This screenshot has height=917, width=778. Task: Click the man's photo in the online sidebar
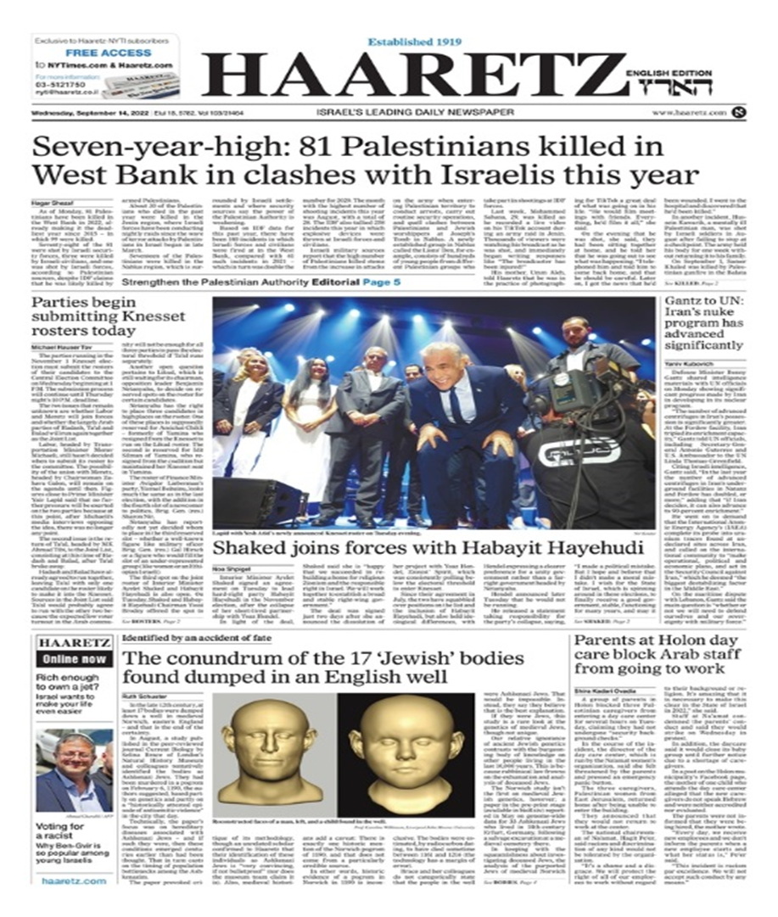[x=74, y=770]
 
